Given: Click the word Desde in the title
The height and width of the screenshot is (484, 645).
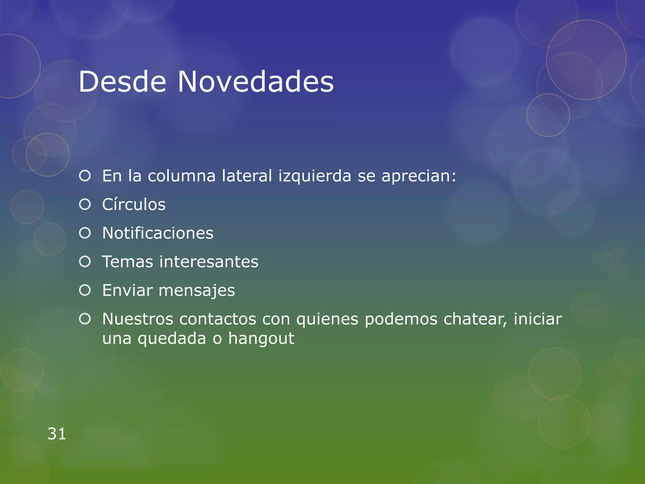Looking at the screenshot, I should (122, 82).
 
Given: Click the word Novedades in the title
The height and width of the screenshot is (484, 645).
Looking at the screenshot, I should (255, 82).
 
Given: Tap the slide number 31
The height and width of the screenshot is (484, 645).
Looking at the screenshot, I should (57, 434).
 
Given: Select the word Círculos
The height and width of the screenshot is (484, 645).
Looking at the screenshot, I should (134, 205).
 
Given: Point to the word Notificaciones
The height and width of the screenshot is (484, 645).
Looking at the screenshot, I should (158, 233).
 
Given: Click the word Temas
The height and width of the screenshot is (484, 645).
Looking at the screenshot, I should (128, 262).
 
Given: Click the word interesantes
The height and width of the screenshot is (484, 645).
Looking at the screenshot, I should (209, 262).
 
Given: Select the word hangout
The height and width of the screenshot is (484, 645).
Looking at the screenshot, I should (261, 339).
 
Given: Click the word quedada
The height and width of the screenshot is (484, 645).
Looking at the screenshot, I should (172, 339).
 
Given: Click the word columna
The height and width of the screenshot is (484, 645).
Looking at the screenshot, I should (182, 176).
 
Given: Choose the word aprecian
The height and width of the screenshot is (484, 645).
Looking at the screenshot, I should (419, 176).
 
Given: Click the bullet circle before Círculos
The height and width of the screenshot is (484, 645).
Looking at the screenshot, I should (85, 205).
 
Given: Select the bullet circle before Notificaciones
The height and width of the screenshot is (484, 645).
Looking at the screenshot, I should (85, 233).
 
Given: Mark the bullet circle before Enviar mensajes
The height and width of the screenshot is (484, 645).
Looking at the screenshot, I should (85, 290).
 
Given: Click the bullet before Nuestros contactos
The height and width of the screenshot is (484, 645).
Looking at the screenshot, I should (85, 319).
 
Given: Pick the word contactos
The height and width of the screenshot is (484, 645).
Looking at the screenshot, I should (218, 319).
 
